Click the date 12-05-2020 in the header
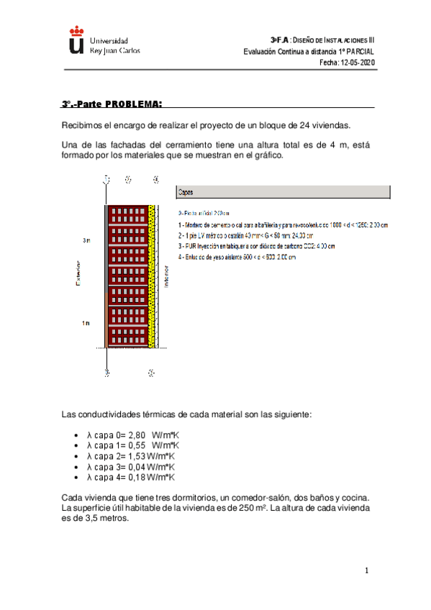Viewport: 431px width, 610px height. pos(358,63)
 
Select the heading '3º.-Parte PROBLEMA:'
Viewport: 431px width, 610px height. pos(112,104)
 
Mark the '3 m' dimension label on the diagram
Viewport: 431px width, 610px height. pos(86,240)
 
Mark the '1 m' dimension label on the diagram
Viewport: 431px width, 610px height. pos(86,324)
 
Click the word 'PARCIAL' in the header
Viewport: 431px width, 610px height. pos(357,52)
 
